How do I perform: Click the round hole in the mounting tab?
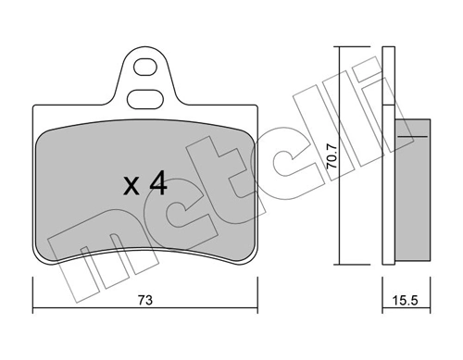click(x=144, y=67)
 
